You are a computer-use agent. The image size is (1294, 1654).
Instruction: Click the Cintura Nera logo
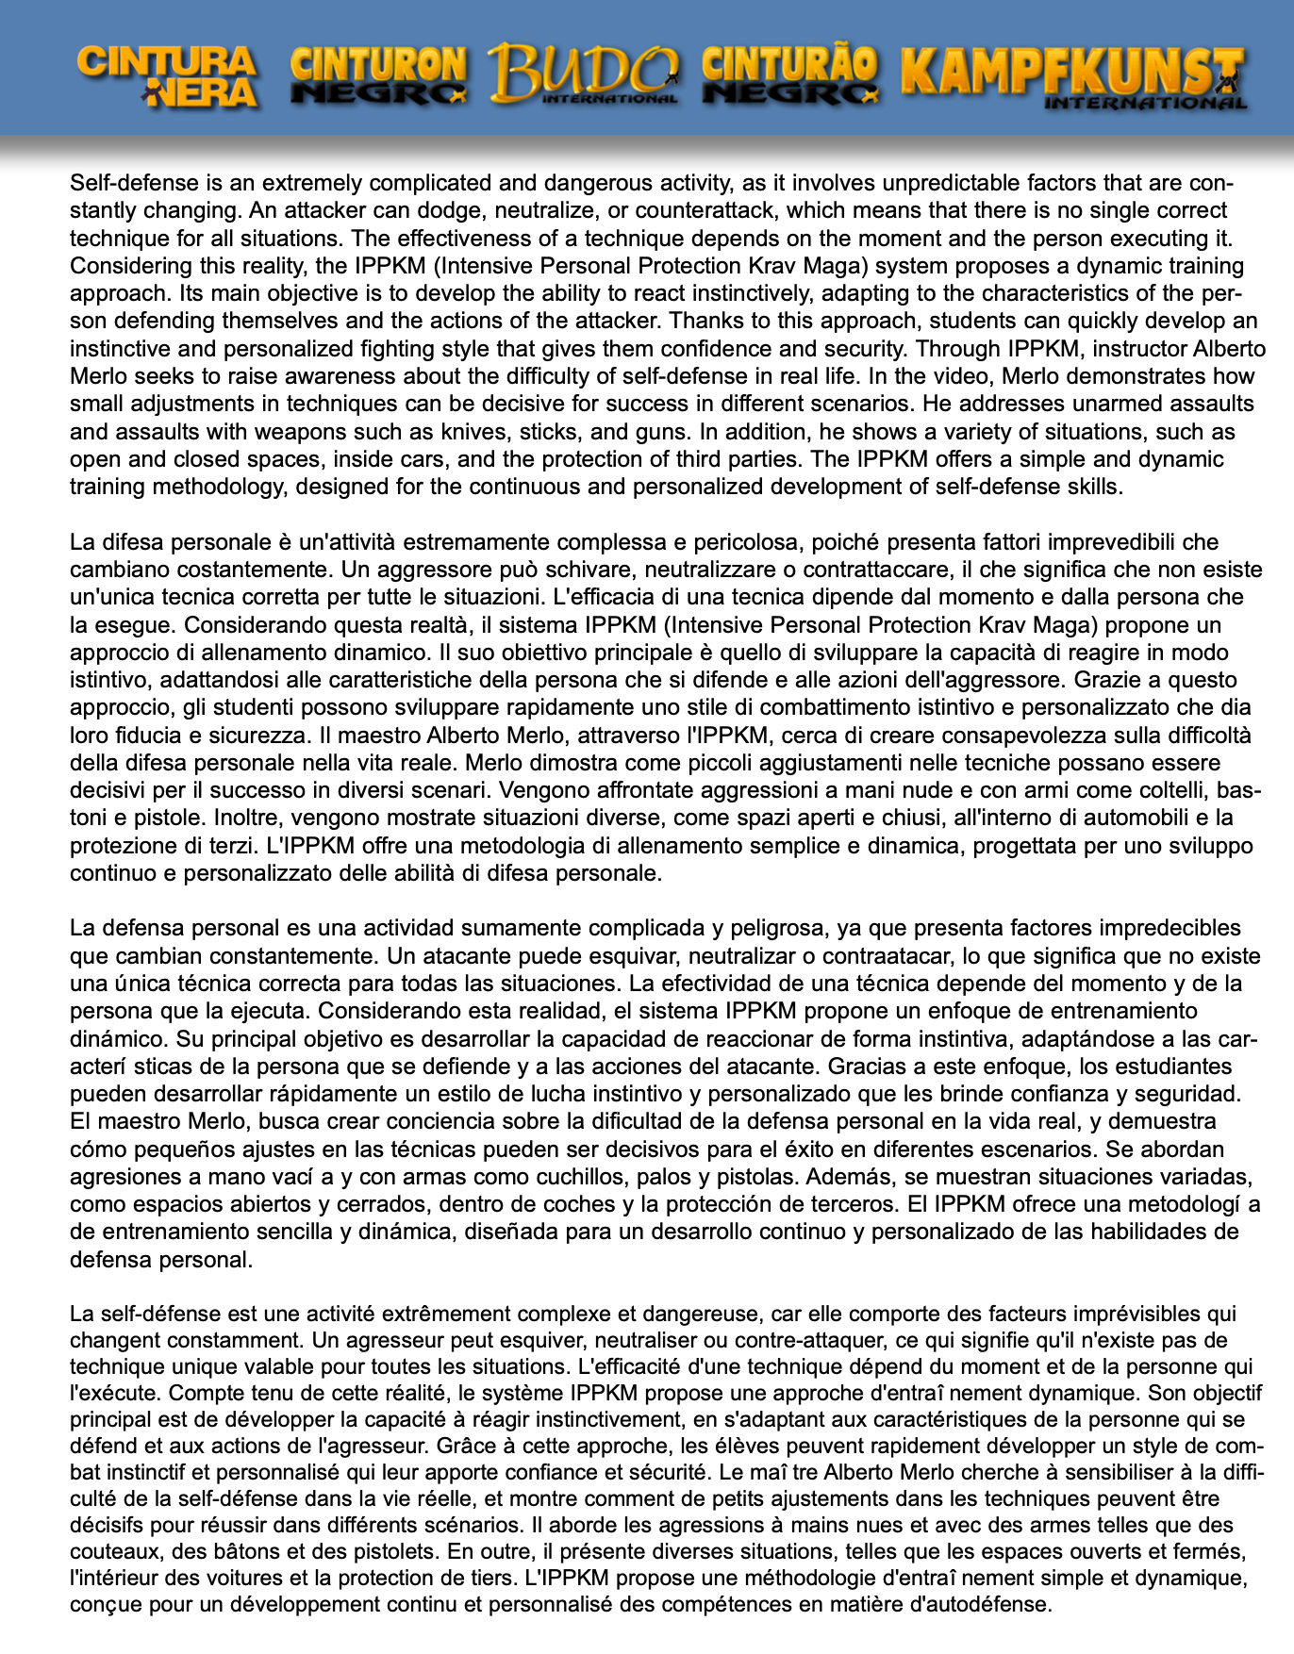point(168,77)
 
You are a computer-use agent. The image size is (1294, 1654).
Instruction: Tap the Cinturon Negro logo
point(378,75)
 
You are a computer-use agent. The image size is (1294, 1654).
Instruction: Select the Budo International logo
point(584,74)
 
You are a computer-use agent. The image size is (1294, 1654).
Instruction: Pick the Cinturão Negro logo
point(789,75)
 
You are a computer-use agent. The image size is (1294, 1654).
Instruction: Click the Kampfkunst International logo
point(1074,77)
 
